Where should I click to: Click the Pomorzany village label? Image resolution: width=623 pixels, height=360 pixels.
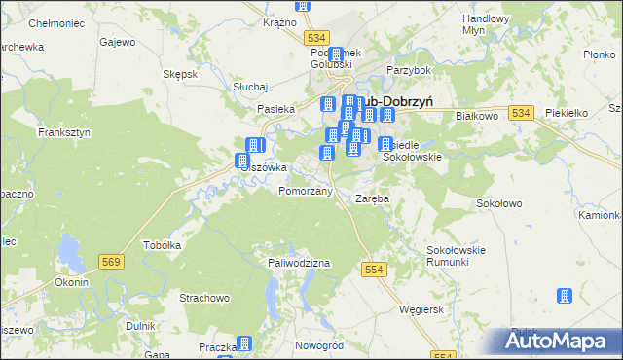tap(306, 192)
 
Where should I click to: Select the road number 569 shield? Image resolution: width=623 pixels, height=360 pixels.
tap(110, 261)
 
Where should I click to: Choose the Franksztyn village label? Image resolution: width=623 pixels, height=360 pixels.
tap(63, 131)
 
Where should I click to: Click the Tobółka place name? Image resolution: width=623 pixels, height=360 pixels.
tap(163, 245)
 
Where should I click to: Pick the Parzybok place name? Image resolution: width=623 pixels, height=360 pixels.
tap(408, 70)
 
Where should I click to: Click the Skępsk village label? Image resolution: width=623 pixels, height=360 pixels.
tap(181, 74)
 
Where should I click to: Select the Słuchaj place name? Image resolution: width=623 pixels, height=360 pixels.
tap(250, 87)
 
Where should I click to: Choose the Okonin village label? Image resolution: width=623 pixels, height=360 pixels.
tap(72, 282)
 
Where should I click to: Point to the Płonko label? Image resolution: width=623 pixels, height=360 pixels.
tap(597, 55)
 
